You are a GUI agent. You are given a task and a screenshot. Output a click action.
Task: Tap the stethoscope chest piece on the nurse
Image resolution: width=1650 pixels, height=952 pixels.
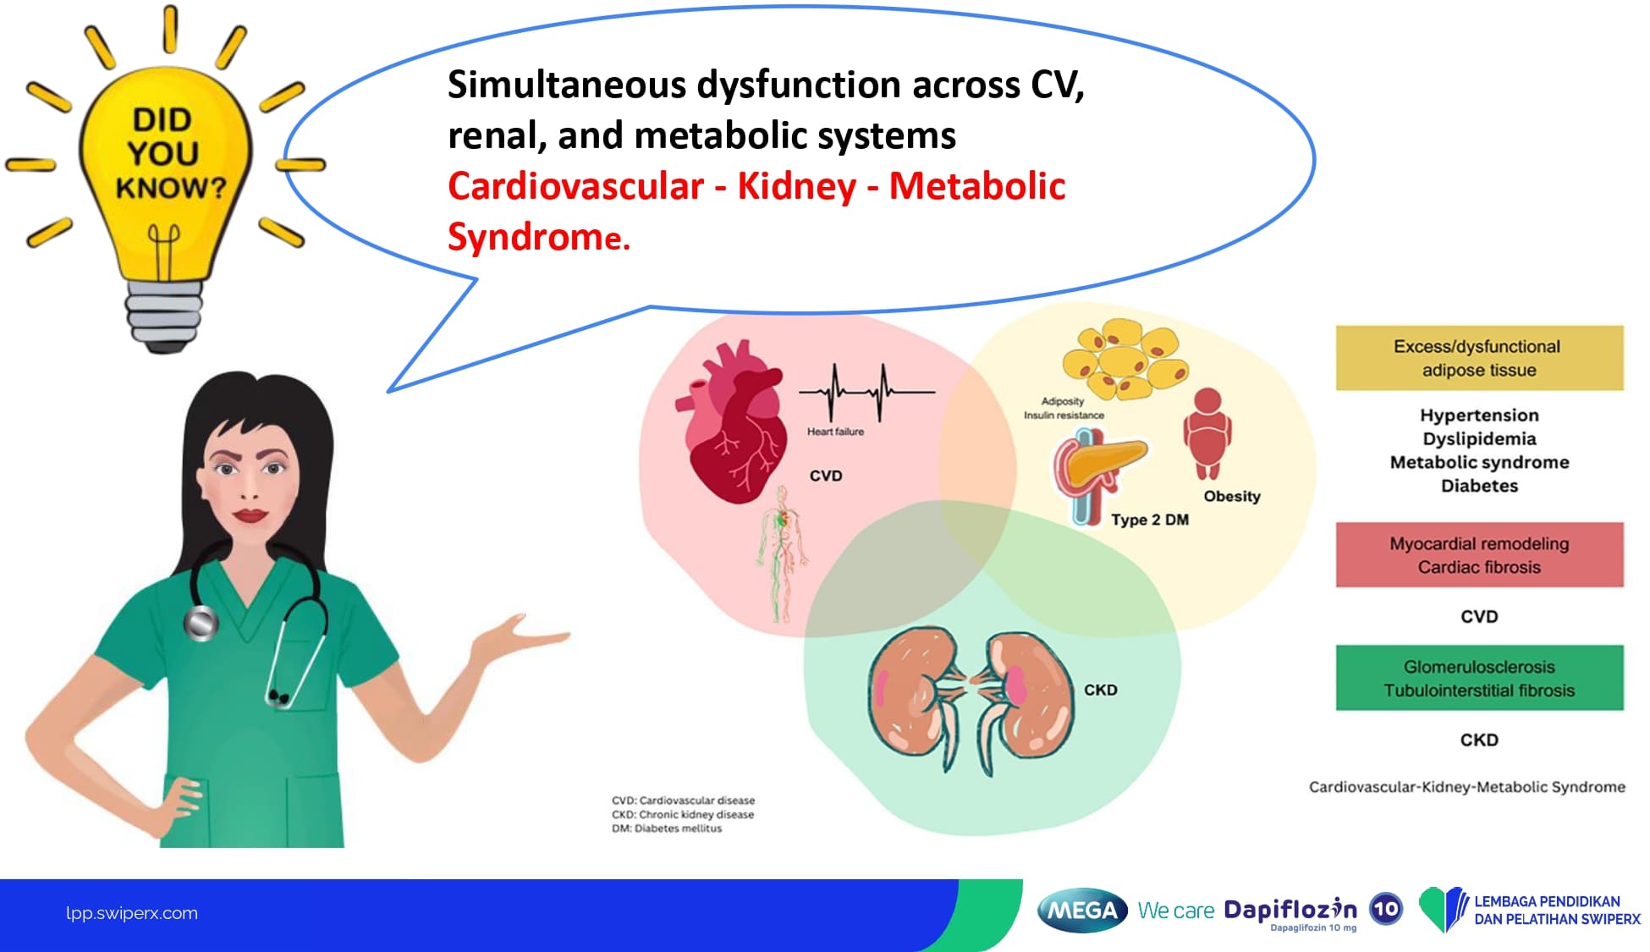click(201, 623)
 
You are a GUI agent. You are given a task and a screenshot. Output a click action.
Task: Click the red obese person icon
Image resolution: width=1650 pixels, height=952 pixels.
click(1207, 433)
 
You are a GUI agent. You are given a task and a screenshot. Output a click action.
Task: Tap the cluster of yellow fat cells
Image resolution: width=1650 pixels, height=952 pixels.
click(1125, 359)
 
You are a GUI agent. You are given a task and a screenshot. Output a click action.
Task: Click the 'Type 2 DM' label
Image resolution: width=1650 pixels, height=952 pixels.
click(1150, 520)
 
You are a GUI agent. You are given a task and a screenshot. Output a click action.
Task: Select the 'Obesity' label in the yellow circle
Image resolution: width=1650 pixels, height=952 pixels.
click(1232, 497)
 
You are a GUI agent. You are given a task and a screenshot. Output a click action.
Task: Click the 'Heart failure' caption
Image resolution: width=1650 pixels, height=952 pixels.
click(835, 432)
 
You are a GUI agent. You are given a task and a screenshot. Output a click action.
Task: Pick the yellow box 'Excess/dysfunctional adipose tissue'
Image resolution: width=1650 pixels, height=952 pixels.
click(1479, 358)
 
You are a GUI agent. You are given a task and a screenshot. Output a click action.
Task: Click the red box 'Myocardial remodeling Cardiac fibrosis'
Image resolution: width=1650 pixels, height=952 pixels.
click(1479, 555)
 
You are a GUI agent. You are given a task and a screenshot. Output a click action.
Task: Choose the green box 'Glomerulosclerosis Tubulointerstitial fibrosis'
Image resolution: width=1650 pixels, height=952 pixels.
click(1479, 679)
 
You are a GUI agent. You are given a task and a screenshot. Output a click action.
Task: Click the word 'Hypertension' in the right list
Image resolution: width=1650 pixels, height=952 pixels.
click(1479, 415)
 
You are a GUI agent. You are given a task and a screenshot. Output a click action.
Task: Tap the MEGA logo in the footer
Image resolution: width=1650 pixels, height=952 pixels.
click(1082, 911)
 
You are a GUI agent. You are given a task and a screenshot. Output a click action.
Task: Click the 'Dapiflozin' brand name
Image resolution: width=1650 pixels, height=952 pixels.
click(1290, 910)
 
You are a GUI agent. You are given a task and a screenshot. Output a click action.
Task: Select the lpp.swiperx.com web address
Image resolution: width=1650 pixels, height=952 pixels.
click(132, 913)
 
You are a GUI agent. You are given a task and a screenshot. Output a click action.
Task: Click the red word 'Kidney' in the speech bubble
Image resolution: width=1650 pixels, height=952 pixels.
click(797, 187)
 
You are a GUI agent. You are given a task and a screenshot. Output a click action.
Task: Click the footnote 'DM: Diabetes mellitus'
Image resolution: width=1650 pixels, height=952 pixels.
click(667, 828)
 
